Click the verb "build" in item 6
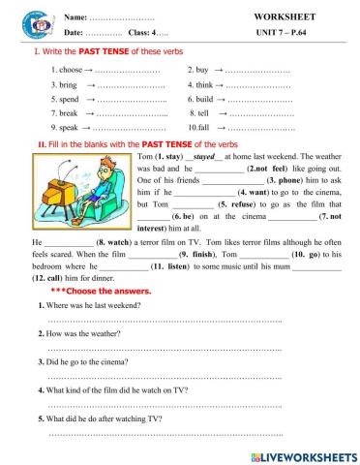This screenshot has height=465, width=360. click(x=204, y=100)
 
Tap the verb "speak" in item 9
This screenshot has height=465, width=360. click(x=68, y=127)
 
